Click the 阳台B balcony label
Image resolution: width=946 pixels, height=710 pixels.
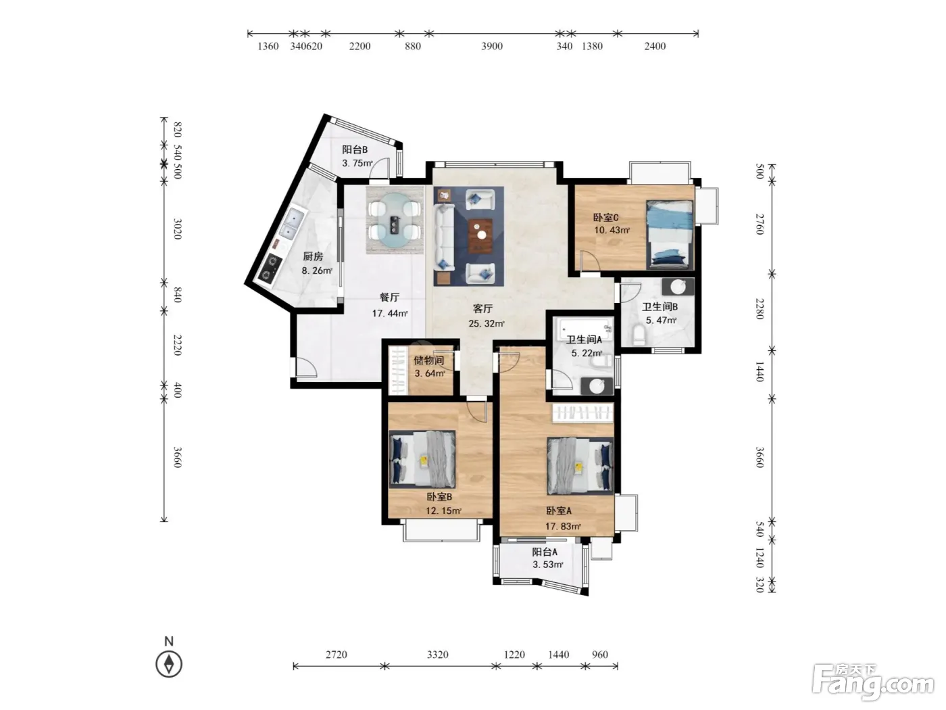point(355,149)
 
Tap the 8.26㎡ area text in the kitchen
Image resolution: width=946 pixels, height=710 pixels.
point(317,270)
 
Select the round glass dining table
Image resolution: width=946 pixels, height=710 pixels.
point(395,220)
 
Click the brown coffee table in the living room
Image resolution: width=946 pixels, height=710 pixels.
point(480,235)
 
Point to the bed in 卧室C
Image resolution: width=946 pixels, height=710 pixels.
point(670,234)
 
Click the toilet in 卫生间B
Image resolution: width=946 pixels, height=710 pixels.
point(639,335)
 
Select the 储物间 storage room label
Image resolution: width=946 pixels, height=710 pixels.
point(429,360)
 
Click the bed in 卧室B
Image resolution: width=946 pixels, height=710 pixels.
point(422,459)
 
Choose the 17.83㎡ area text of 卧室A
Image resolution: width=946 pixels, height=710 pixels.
point(563,526)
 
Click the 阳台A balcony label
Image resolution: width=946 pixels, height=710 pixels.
point(545,552)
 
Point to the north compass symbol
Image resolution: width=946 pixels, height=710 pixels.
point(169,663)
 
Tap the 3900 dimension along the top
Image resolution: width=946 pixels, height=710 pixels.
point(492,46)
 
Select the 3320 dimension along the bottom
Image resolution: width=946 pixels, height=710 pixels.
point(438,655)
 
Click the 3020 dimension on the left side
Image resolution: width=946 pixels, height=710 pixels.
point(177,229)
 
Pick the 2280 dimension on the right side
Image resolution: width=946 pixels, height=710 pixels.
point(760,308)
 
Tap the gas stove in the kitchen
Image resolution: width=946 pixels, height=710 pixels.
point(270,267)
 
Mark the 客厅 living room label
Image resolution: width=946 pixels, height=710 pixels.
point(482,308)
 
